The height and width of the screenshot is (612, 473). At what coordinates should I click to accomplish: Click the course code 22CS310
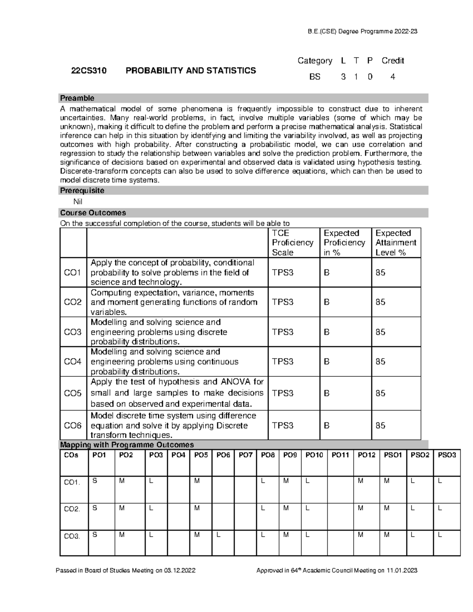pos(89,71)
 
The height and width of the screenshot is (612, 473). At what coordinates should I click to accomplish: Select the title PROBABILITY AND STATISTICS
pos(191,71)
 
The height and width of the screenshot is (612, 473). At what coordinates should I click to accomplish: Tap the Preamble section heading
pos(77,98)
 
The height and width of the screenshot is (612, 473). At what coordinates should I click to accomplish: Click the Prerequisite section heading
pos(82,191)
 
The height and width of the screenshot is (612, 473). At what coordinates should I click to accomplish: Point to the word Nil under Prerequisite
pos(75,202)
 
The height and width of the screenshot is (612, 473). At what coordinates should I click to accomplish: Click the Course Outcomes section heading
pos(93,213)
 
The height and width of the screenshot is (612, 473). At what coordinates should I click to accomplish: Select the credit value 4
pos(393,77)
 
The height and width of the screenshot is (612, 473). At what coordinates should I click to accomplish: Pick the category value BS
pos(315,77)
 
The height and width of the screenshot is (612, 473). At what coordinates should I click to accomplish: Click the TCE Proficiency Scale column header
pos(292,243)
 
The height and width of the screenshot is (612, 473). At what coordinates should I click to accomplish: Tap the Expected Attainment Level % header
pos(395,243)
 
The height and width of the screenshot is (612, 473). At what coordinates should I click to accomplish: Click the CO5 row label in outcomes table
pos(73,393)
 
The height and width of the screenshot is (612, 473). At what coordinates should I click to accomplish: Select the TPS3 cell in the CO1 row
pos(283,273)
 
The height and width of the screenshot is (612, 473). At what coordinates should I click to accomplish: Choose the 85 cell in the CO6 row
pos(380,426)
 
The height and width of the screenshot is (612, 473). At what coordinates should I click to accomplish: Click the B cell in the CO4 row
pos(326,362)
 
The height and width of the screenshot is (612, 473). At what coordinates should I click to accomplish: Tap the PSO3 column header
pos(447,455)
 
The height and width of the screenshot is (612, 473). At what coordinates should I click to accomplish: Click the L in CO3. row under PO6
pos(219,535)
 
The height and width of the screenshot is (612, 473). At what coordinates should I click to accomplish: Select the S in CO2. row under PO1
pos(95,508)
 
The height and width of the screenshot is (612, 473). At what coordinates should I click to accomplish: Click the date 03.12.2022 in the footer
pos(180,571)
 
